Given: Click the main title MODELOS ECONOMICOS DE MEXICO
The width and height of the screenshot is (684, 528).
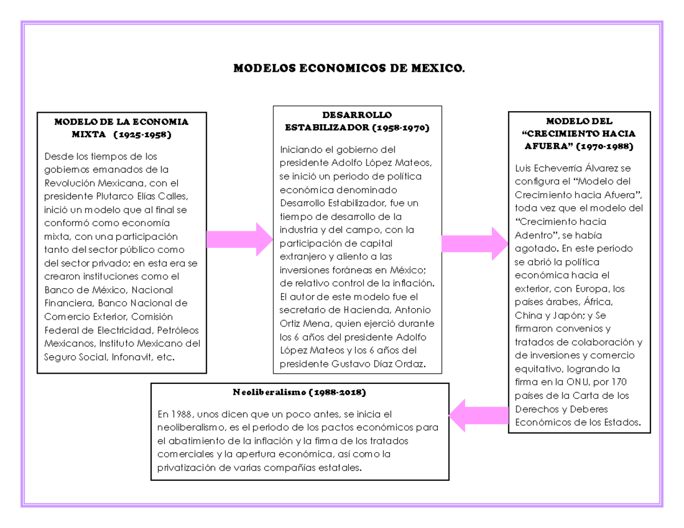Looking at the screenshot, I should click(x=349, y=69).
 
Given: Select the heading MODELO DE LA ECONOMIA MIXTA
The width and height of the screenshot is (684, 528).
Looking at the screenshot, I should click(x=121, y=128).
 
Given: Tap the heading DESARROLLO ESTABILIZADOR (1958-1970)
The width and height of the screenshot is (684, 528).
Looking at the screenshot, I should click(x=357, y=122).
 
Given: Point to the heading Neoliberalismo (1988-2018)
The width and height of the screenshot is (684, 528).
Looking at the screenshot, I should click(x=299, y=393).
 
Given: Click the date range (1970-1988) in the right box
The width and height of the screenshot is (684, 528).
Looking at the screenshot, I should click(x=604, y=146).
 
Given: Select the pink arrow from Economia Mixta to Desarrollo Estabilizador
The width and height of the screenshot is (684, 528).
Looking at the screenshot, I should click(x=239, y=239).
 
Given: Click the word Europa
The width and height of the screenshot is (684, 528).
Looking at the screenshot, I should click(x=593, y=288).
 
